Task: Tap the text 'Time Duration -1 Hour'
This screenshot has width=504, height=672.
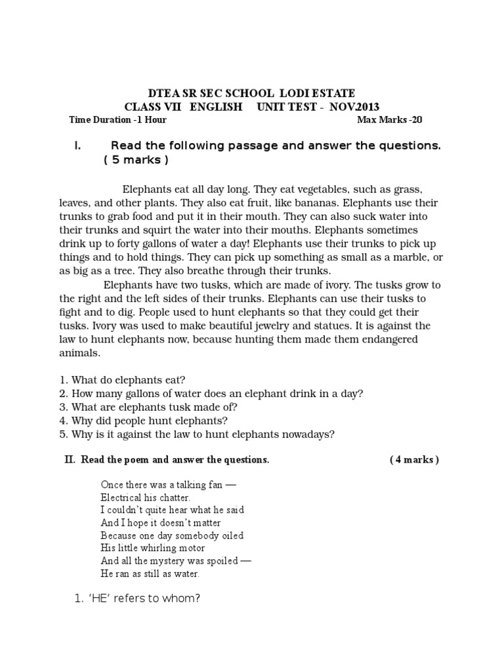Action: (x=117, y=120)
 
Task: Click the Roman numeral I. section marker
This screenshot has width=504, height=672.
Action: (x=77, y=146)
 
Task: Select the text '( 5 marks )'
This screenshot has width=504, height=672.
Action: (x=136, y=161)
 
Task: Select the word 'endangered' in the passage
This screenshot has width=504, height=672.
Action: (x=383, y=339)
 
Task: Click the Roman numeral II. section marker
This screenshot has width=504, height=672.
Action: (x=71, y=460)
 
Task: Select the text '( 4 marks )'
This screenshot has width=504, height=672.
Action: (x=414, y=460)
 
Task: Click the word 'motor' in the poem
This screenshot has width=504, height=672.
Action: (x=190, y=548)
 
